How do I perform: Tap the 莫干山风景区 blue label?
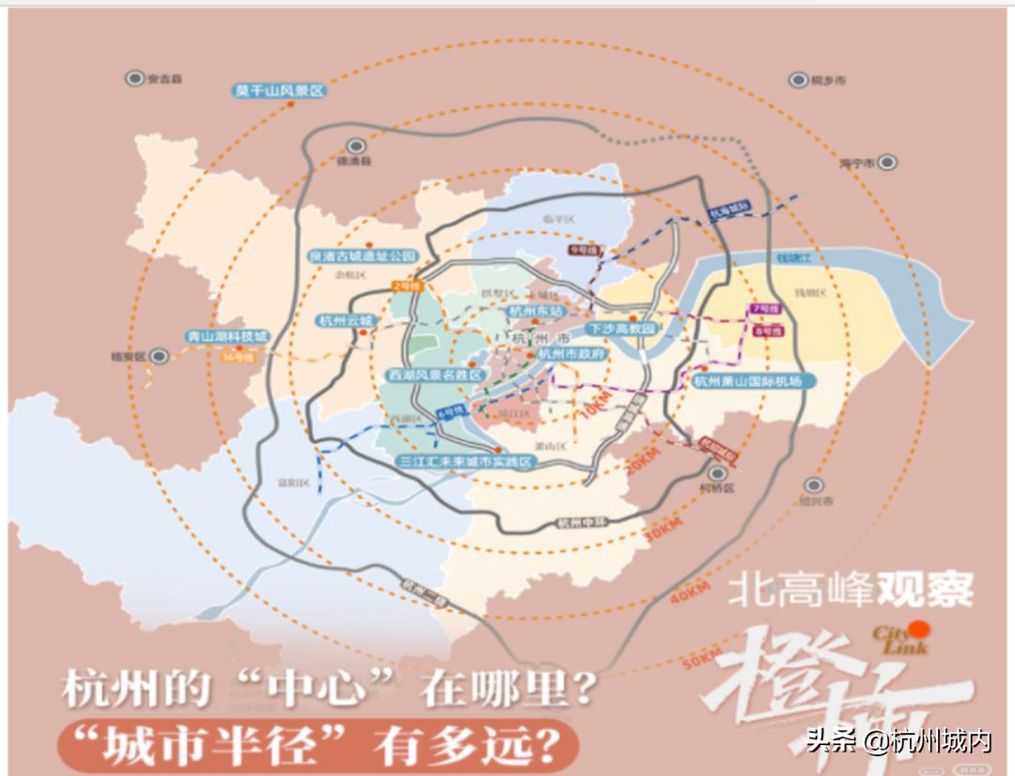tap(279, 91)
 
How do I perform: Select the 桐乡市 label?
tap(827, 81)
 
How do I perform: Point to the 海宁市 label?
tap(856, 163)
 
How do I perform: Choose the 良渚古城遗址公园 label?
tap(363, 255)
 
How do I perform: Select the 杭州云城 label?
tap(345, 320)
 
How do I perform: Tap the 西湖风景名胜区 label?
tap(434, 375)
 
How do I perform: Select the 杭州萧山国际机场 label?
tap(748, 380)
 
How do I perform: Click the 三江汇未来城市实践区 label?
tap(464, 462)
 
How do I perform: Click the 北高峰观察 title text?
tap(851, 590)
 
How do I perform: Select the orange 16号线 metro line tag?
tap(235, 356)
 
